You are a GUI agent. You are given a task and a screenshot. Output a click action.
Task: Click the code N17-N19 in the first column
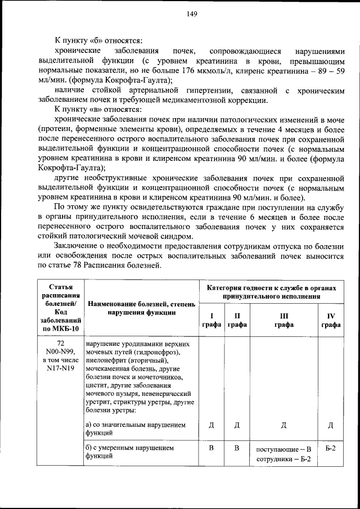click(x=64, y=368)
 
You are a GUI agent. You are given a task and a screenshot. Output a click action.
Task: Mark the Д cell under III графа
click(x=283, y=425)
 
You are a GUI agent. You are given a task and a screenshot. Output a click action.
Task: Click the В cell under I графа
click(x=211, y=448)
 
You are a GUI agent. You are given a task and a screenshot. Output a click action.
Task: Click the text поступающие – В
click(x=283, y=449)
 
